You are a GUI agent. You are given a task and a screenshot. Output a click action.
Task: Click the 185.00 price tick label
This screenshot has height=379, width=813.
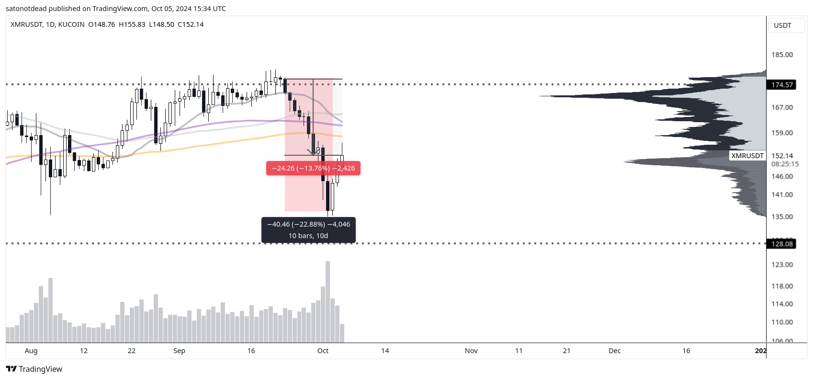[782, 55]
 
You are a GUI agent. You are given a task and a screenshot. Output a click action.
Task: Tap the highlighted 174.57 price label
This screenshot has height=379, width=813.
[782, 85]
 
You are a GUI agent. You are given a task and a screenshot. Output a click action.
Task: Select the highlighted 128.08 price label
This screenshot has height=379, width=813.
[782, 244]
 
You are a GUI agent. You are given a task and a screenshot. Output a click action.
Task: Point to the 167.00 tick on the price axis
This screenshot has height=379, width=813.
[782, 107]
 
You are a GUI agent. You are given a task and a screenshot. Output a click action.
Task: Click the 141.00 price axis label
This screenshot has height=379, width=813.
[782, 195]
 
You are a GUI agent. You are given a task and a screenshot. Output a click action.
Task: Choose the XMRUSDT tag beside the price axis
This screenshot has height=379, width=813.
[747, 156]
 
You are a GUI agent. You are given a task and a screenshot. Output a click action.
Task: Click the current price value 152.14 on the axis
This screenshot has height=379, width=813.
[782, 156]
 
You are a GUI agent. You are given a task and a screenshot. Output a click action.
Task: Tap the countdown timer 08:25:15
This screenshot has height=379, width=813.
[785, 164]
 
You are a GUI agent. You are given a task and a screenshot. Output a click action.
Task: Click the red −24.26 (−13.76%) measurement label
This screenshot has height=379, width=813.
[313, 168]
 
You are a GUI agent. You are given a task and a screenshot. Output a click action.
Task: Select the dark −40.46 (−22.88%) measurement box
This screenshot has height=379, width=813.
[308, 230]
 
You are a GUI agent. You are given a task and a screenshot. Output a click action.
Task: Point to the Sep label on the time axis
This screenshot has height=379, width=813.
[179, 351]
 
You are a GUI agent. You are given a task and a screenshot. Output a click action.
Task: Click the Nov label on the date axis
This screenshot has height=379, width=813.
[471, 351]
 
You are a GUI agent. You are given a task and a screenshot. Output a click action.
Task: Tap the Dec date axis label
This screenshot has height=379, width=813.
[614, 351]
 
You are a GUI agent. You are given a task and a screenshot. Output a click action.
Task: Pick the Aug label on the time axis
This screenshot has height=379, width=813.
[31, 351]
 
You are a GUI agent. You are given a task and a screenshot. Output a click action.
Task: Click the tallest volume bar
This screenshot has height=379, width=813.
[327, 302]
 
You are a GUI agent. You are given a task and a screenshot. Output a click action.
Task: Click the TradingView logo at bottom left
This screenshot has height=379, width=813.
[34, 369]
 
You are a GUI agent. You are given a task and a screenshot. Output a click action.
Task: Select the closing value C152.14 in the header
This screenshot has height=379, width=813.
[191, 24]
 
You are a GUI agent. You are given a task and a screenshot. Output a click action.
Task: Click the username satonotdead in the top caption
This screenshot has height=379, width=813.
[26, 9]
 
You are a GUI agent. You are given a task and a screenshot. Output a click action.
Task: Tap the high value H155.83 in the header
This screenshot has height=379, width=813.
[132, 24]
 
